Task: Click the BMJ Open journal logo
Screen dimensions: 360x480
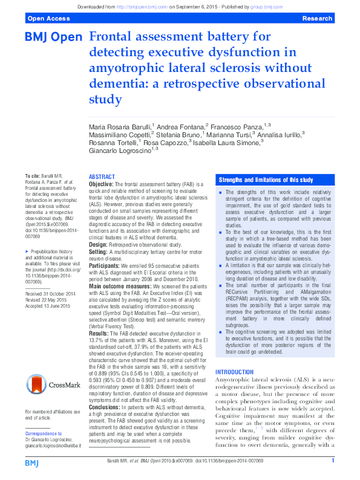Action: click(x=53, y=38)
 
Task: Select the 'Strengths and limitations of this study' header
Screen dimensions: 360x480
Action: click(x=266, y=180)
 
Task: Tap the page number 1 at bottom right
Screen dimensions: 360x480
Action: click(x=333, y=461)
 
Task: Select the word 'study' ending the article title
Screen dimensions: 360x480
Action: click(x=105, y=98)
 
